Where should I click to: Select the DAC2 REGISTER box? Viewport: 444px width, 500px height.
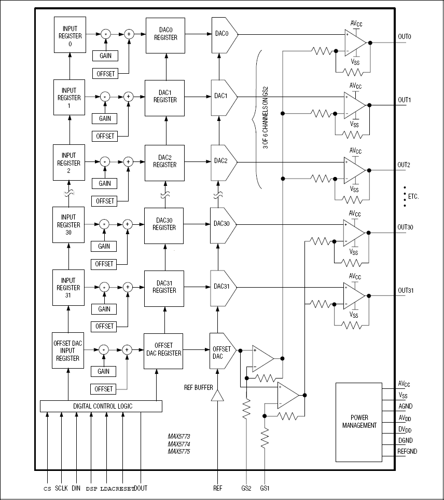click(165, 160)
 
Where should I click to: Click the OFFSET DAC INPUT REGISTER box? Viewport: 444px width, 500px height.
click(67, 350)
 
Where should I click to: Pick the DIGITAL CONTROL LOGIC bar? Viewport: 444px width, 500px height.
click(101, 406)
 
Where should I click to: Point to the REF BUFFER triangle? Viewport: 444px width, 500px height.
click(217, 396)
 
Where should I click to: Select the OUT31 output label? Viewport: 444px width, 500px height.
click(405, 290)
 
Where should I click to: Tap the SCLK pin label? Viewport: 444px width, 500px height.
click(62, 489)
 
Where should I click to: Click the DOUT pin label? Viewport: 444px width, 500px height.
click(141, 489)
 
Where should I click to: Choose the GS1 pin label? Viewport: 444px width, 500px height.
click(265, 489)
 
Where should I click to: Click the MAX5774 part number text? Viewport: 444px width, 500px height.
click(178, 444)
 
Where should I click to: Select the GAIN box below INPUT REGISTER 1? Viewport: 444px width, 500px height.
click(104, 118)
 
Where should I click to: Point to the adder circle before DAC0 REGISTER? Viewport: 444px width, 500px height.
click(129, 34)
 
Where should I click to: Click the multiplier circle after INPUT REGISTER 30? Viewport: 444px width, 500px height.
click(104, 224)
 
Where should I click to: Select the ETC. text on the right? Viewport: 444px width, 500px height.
click(413, 196)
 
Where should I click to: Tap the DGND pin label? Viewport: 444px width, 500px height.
click(405, 441)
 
